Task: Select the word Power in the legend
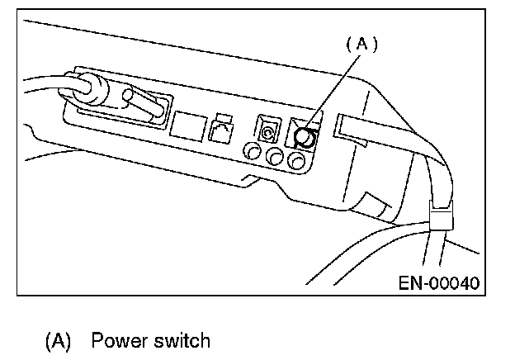coord(116,340)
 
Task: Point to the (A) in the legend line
coord(57,340)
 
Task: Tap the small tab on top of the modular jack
coord(220,116)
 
